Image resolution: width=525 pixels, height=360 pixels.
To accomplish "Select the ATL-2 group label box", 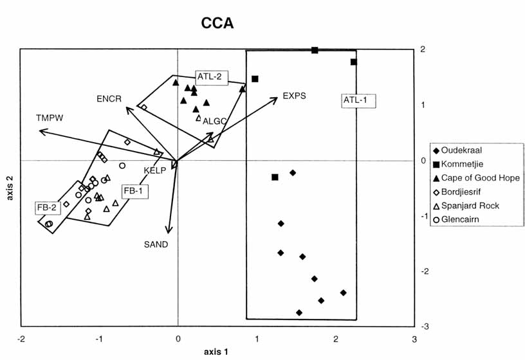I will (209, 76).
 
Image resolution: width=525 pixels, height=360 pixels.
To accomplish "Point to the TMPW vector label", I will (49, 119).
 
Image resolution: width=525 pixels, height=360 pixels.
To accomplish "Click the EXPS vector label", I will (293, 96).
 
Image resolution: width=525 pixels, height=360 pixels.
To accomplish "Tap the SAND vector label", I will (156, 244).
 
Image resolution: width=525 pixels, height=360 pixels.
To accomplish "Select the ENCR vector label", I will (109, 98).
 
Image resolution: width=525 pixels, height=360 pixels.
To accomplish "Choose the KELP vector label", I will (155, 170).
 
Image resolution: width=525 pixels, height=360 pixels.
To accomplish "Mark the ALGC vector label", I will (214, 121).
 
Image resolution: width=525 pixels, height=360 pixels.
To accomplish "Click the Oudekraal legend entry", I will (461, 150).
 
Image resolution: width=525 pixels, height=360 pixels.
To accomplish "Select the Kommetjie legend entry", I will (461, 164).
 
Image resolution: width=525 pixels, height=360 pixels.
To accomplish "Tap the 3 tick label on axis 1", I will (414, 339).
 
